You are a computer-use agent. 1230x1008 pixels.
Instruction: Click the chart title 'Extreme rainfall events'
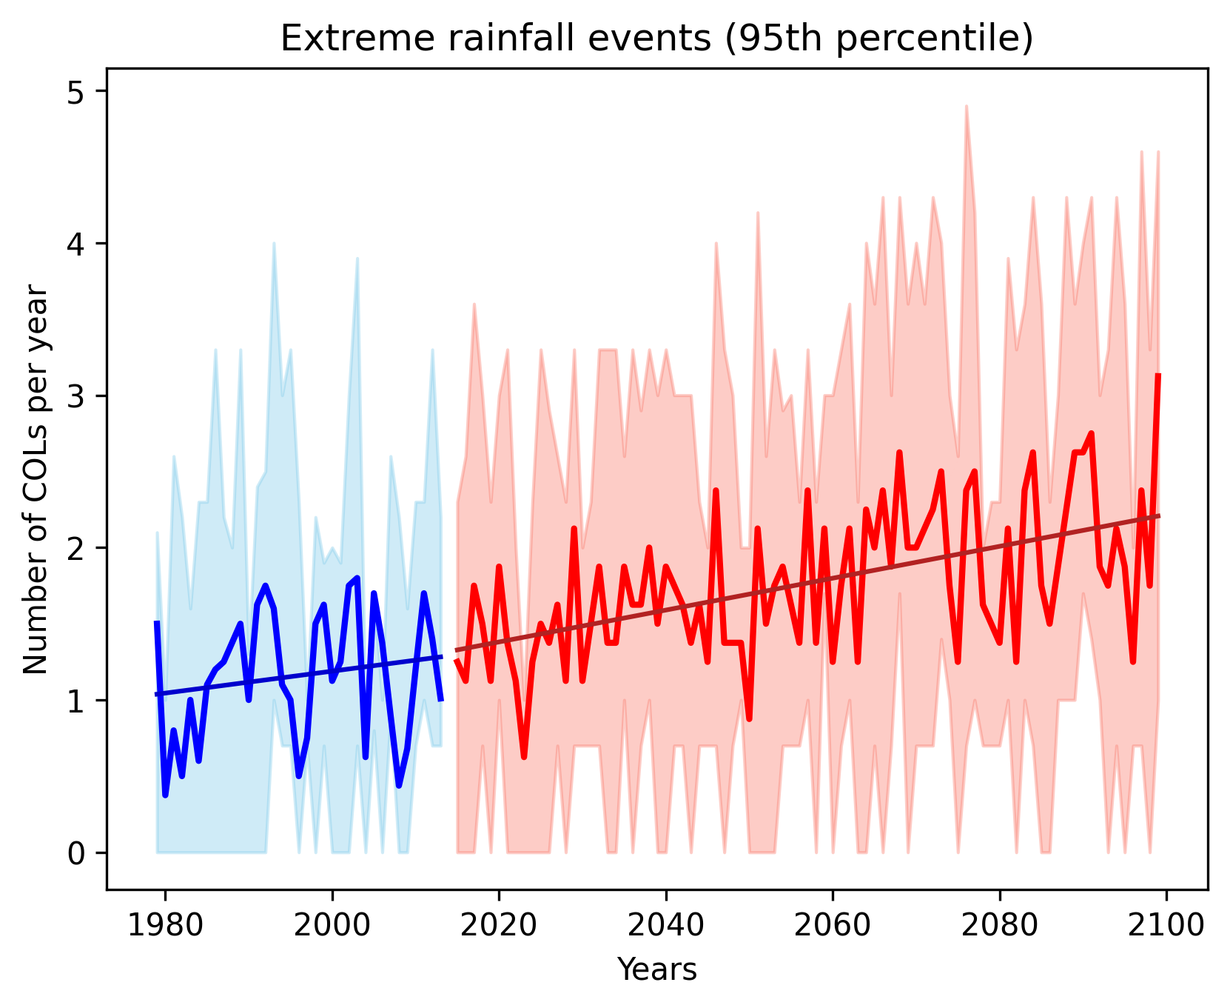(x=656, y=39)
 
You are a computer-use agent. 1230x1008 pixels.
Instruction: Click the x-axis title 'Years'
(x=657, y=969)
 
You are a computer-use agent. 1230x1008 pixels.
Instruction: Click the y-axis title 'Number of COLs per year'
(x=36, y=480)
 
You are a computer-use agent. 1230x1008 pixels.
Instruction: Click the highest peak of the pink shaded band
(x=967, y=107)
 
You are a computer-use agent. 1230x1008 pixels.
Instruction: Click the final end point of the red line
(x=1158, y=376)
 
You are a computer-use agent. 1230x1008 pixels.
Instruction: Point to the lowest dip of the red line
(x=524, y=757)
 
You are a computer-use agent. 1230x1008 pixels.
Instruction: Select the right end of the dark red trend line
(x=1159, y=516)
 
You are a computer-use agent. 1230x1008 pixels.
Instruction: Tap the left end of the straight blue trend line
(x=156, y=694)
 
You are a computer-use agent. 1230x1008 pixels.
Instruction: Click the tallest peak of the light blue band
(x=274, y=244)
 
